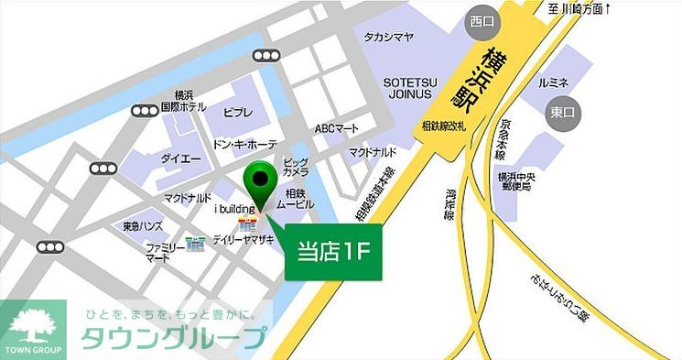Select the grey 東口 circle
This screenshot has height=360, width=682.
pyautogui.click(x=559, y=113)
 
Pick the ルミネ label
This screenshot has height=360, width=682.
pyautogui.click(x=554, y=83)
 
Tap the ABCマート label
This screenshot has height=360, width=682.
pyautogui.click(x=337, y=128)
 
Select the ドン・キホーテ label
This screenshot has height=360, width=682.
pyautogui.click(x=244, y=145)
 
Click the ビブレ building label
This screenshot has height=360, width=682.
pyautogui.click(x=238, y=112)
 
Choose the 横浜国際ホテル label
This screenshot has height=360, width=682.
pyautogui.click(x=183, y=101)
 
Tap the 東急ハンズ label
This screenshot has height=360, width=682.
pyautogui.click(x=142, y=225)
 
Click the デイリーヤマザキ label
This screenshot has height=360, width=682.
pyautogui.click(x=244, y=237)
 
